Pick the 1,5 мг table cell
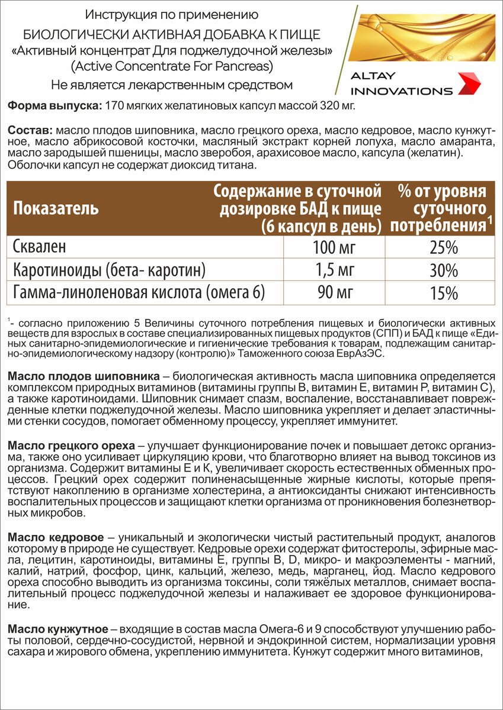332,270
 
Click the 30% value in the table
443,270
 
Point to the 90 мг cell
332,293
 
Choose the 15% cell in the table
443,293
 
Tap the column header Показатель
56,209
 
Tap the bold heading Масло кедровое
56,537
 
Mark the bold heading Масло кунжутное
58,628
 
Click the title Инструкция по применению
172,14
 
